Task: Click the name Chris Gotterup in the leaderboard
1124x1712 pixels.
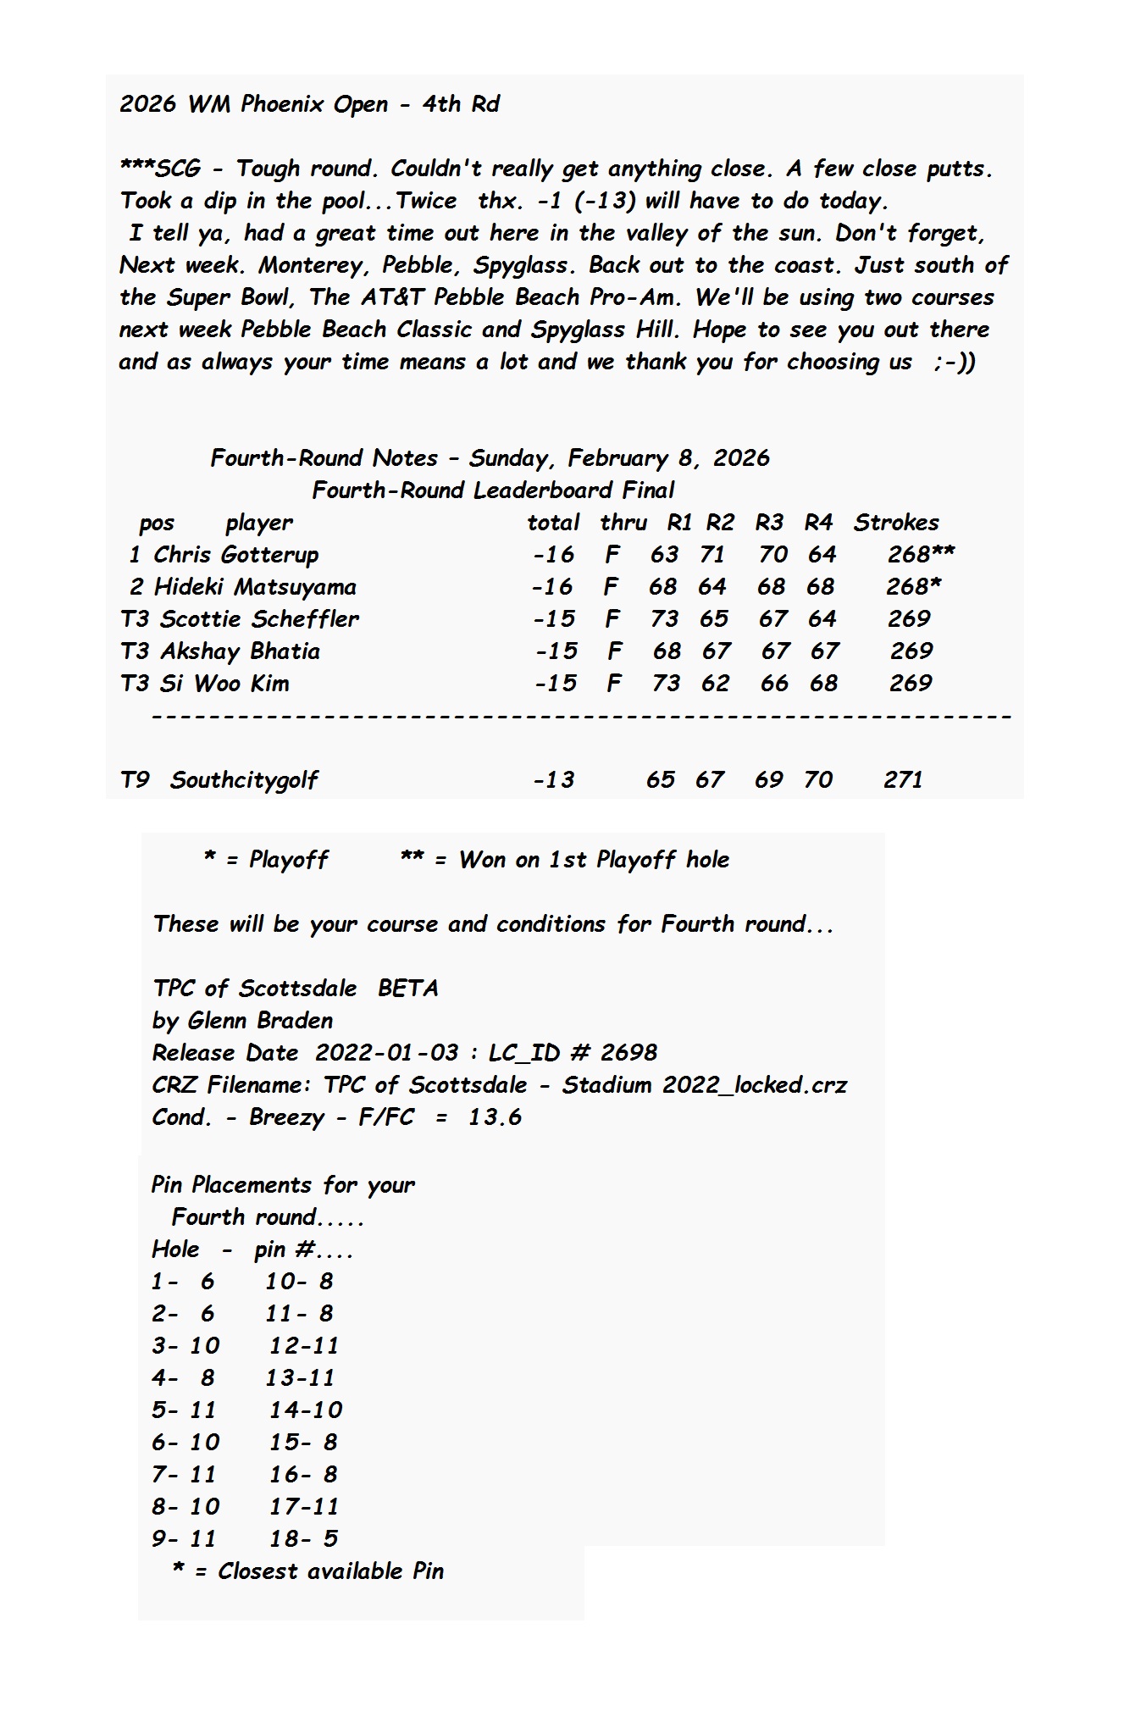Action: pos(235,555)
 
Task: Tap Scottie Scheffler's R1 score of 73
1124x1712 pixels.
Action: pos(664,619)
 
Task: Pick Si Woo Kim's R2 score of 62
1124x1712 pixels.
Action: pos(715,684)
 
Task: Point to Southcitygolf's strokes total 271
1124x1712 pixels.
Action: pos(903,780)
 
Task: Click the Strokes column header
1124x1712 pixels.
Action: pos(896,523)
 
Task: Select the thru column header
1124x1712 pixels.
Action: pos(623,523)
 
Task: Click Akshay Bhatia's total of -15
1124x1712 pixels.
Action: pos(556,651)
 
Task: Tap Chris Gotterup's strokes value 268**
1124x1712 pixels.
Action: pos(921,555)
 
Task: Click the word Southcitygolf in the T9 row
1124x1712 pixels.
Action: pos(244,780)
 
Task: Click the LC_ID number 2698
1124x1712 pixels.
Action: pos(628,1053)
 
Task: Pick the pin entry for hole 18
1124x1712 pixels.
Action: pos(303,1539)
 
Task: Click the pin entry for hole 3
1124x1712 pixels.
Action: pos(185,1346)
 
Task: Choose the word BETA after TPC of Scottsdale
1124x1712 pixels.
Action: pos(408,989)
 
